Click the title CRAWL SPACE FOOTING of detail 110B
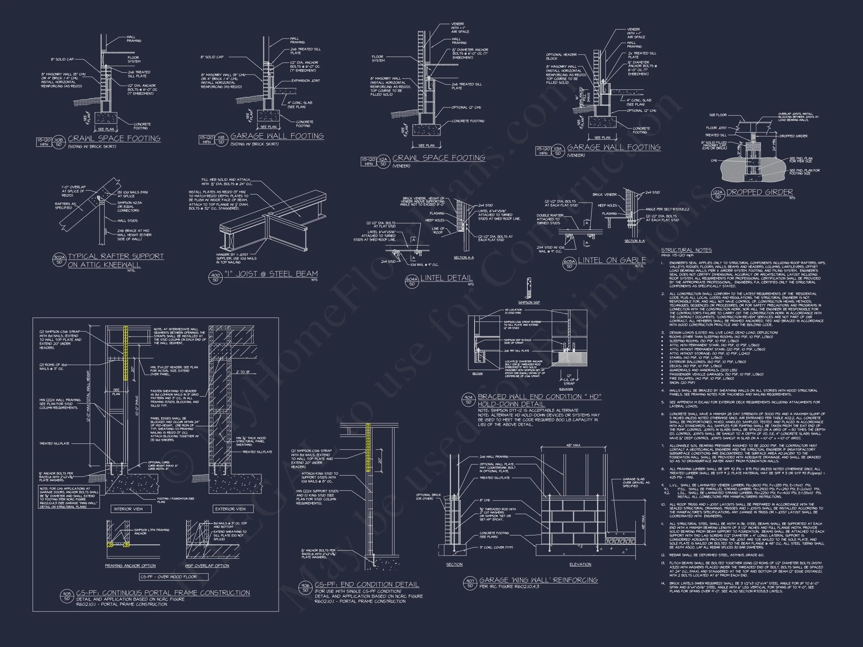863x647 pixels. (114, 139)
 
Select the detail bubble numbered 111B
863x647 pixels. (221, 140)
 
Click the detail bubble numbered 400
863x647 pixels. (215, 277)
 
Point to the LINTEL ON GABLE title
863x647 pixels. (612, 260)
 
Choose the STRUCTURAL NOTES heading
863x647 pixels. (686, 250)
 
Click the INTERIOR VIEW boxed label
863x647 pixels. (128, 509)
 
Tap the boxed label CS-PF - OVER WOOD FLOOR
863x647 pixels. (169, 577)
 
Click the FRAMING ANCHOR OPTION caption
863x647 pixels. (130, 566)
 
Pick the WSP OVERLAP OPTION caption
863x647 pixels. (207, 566)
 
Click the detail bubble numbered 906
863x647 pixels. (305, 587)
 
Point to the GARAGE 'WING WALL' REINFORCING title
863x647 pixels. (538, 580)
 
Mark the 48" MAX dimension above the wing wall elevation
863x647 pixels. (573, 445)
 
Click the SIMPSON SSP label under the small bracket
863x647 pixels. (529, 302)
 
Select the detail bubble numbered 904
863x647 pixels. (468, 400)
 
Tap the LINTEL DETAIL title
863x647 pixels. (446, 278)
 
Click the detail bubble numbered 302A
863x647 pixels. (59, 260)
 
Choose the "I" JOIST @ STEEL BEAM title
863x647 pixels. (271, 274)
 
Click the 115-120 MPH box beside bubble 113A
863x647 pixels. (543, 151)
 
